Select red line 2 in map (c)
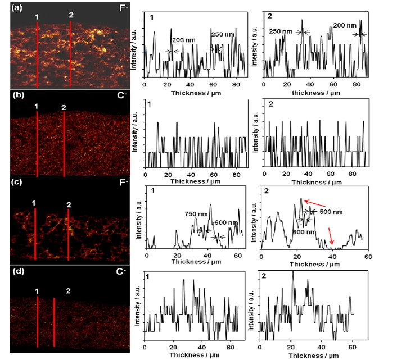pos(68,236)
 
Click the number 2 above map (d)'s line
pos(68,291)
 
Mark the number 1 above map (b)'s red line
pos(37,106)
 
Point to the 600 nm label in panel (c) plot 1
pos(229,222)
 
